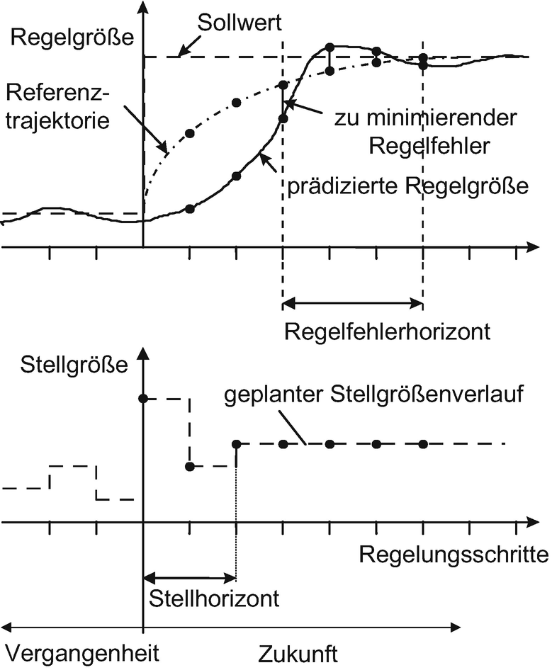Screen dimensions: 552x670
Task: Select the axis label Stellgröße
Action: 74,365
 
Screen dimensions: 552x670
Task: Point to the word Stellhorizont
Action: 215,598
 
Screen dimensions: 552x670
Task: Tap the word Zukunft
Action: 298,652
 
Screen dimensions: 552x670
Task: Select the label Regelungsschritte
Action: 454,554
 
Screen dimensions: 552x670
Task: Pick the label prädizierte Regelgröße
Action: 408,187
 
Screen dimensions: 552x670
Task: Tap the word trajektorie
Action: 56,120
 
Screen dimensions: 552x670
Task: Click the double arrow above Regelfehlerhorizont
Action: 352,305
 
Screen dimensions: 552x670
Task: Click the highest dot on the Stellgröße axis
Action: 144,399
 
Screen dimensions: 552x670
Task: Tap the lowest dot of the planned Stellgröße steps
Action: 189,466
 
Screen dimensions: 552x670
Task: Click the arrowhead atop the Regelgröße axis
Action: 144,9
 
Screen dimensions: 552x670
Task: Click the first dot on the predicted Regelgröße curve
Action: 189,208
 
